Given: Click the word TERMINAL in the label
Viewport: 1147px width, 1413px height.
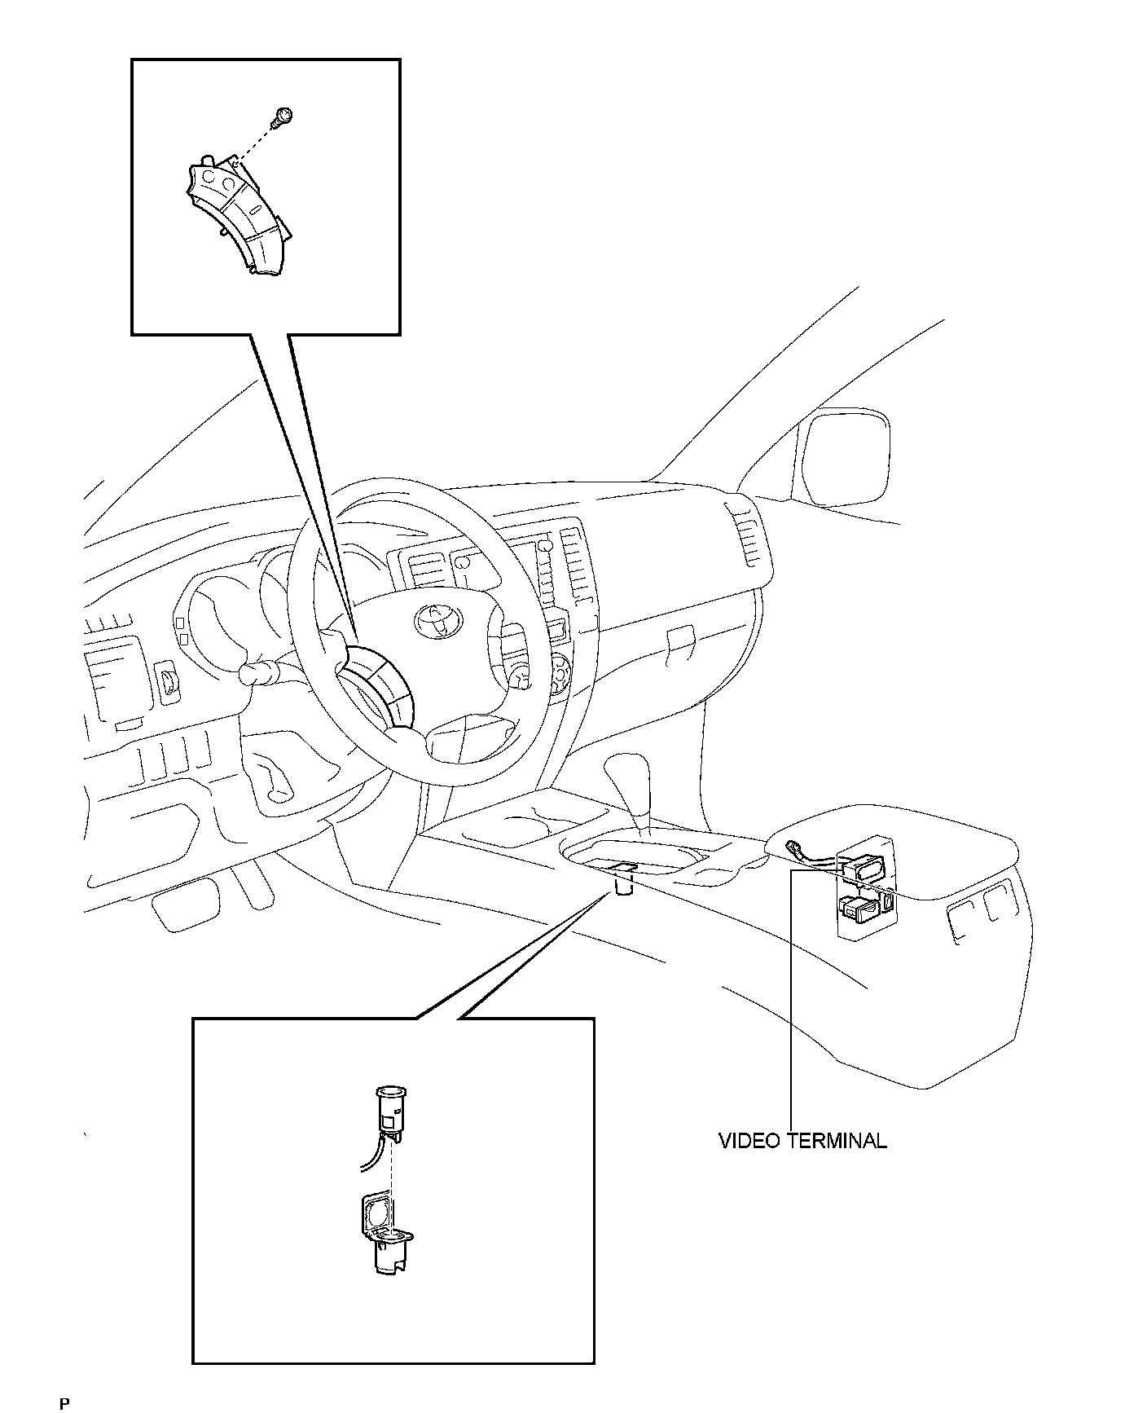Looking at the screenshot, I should [837, 1140].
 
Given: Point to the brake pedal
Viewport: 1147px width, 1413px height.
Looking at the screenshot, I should [187, 905].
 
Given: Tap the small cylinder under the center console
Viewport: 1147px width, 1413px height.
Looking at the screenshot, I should [625, 883].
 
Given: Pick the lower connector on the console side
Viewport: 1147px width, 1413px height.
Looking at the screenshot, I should [860, 906].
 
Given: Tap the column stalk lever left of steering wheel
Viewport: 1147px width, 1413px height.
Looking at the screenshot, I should [261, 672].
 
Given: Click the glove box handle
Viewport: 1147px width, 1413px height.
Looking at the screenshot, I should [679, 640].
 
